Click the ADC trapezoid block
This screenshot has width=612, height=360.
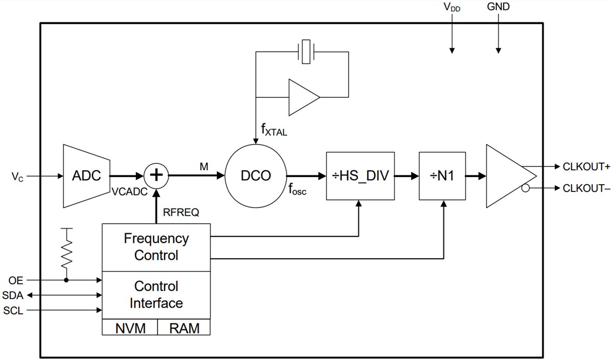[87, 176]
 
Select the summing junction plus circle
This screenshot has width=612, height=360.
[157, 176]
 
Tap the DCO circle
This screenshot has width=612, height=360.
[256, 176]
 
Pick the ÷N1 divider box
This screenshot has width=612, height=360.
[443, 176]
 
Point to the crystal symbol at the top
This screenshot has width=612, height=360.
[306, 52]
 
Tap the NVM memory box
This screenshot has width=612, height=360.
[130, 328]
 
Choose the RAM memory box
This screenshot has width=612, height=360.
[184, 328]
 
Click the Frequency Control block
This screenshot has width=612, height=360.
[156, 248]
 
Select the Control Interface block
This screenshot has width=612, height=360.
[156, 295]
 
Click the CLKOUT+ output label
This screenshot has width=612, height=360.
[586, 166]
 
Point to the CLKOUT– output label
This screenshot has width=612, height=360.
[586, 189]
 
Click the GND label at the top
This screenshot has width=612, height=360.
[498, 7]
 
